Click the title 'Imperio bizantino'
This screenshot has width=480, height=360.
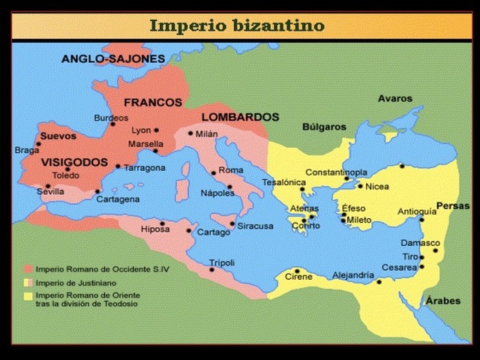point(237,25)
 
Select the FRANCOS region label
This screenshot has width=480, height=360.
point(153,102)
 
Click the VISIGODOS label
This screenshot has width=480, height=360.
point(74,162)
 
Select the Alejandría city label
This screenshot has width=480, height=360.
point(352,275)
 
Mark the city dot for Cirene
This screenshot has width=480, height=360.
point(298,271)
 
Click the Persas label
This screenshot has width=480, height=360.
point(454,205)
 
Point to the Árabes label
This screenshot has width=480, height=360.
point(443,301)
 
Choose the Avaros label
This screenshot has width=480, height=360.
point(394,98)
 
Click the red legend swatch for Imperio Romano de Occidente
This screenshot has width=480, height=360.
point(28,268)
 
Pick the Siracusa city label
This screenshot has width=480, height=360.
point(256,226)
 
